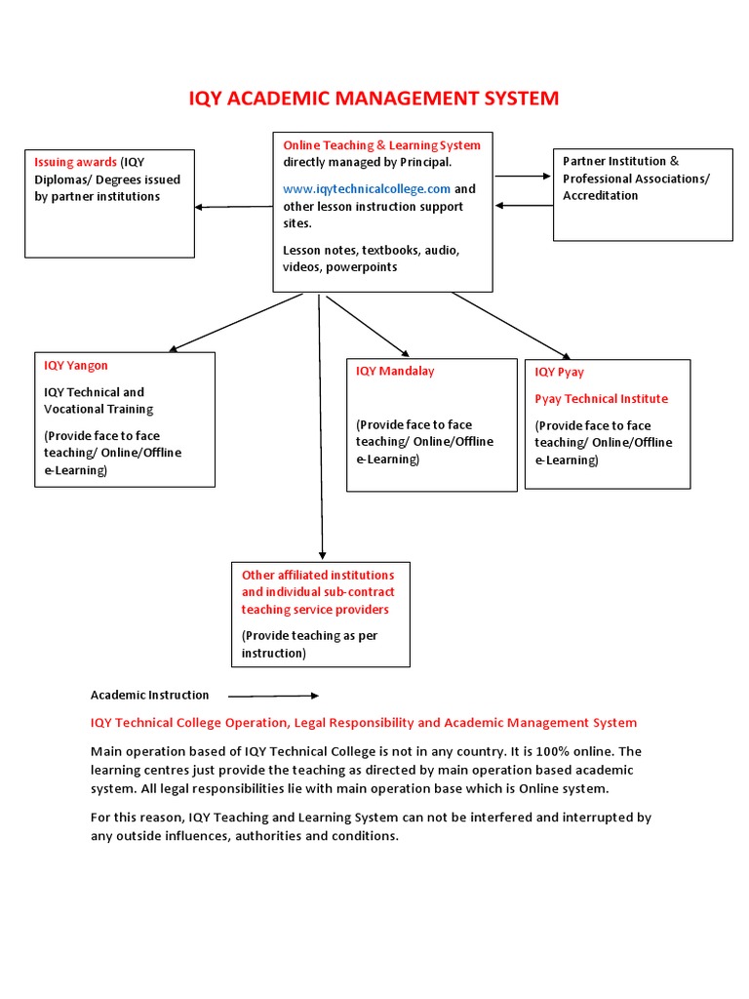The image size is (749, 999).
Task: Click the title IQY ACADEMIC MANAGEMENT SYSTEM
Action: point(374,98)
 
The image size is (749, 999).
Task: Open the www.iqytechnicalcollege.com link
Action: point(367,189)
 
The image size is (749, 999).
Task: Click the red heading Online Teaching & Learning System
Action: point(381,145)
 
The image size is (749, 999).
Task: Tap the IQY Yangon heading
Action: point(76,366)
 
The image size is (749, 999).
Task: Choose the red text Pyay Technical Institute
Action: point(601,399)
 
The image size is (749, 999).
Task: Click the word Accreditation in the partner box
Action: point(600,196)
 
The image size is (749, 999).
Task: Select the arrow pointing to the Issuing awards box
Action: point(234,206)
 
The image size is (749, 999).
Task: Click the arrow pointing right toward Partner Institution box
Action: point(523,177)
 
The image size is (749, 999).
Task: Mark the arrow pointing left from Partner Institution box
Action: point(524,206)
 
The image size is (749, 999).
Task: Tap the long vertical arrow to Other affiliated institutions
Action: point(321,429)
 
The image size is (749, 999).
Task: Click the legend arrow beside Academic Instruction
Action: point(273,696)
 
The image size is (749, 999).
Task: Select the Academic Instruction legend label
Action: point(149,696)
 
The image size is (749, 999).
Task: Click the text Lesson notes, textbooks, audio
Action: point(371,250)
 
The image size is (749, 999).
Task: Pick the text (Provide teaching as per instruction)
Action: point(309,645)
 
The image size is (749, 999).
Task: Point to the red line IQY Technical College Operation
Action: point(363,723)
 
